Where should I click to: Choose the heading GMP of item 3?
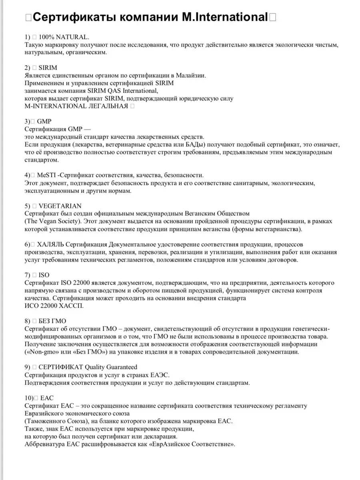coord(44,121)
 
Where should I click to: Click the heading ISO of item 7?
coord(44,275)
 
